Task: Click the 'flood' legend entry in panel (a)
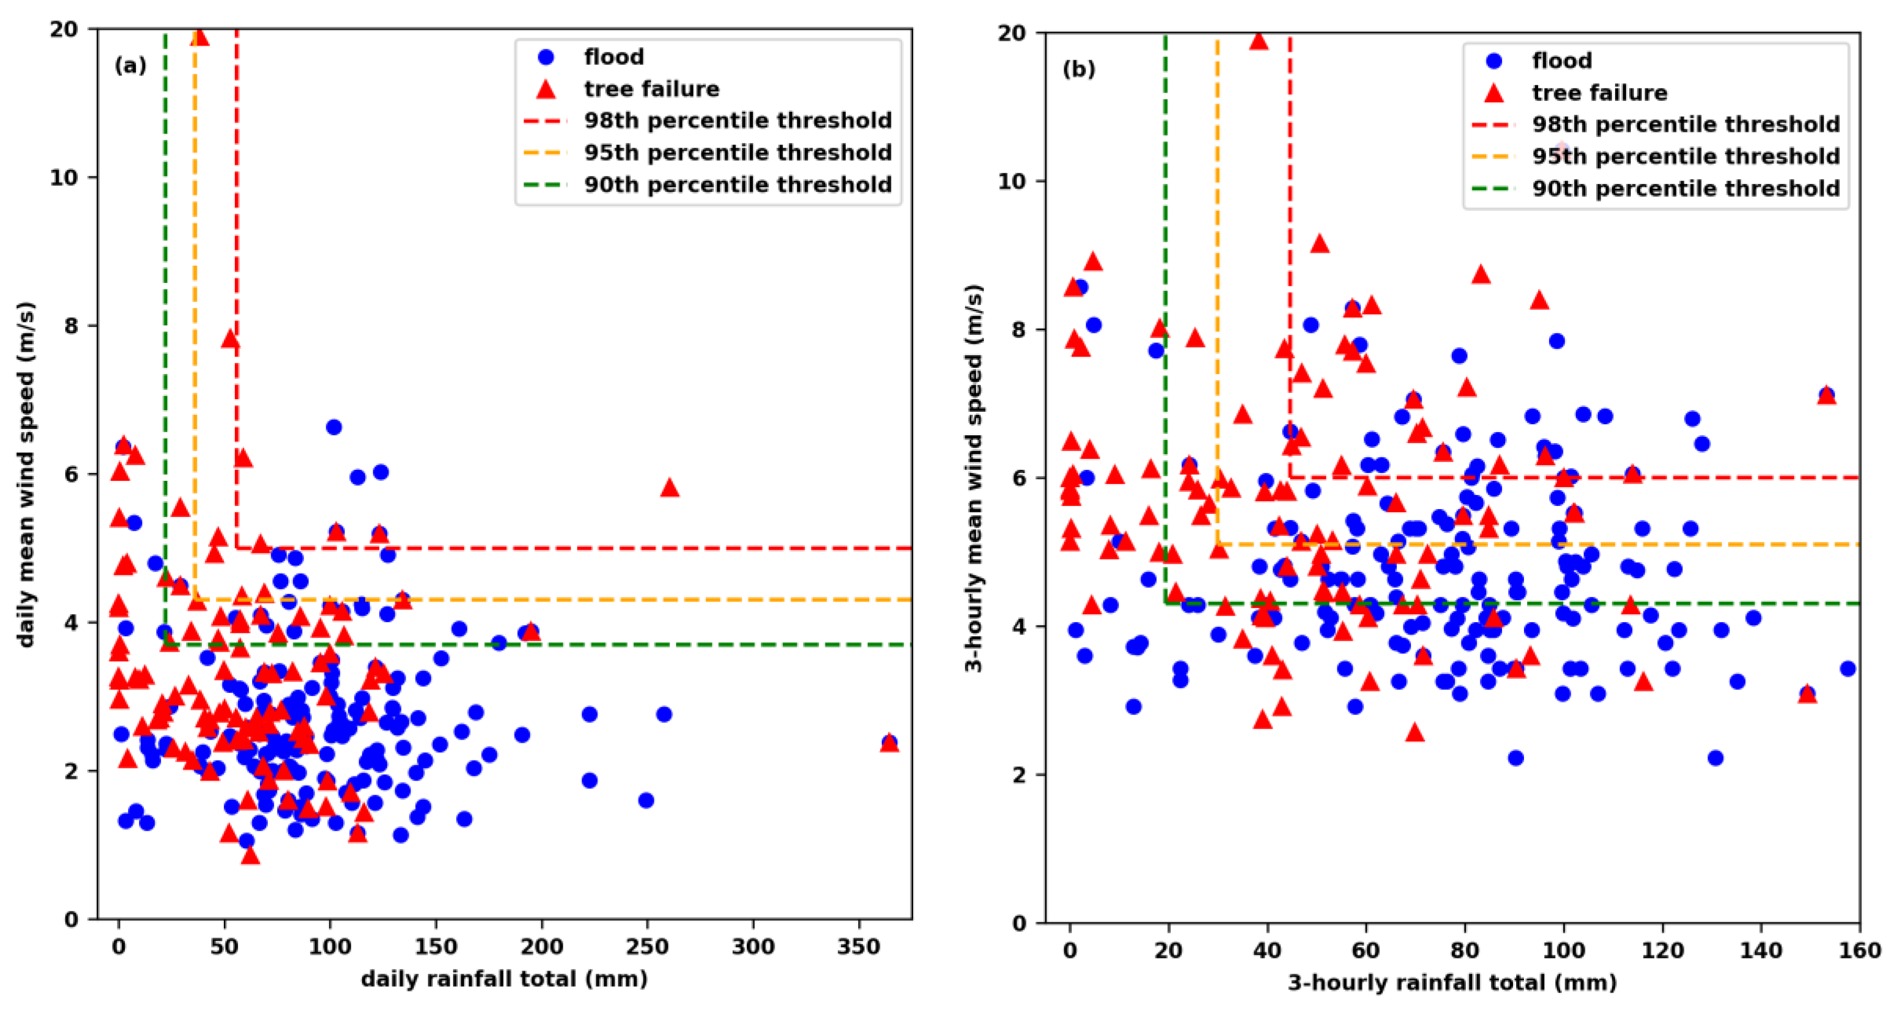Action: click(x=613, y=57)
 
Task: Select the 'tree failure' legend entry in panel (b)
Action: click(x=1599, y=93)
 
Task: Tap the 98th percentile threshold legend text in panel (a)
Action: click(x=737, y=120)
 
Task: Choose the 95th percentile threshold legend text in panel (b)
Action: click(x=1685, y=156)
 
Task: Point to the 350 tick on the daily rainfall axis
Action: click(x=859, y=947)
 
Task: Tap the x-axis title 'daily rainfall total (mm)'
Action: click(x=504, y=979)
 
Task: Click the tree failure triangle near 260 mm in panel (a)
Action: click(x=668, y=488)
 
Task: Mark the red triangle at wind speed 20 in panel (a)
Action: click(x=199, y=37)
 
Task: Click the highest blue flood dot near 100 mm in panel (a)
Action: click(x=333, y=427)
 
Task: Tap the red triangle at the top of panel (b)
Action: click(x=1258, y=41)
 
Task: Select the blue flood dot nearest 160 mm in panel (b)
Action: click(x=1847, y=669)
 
